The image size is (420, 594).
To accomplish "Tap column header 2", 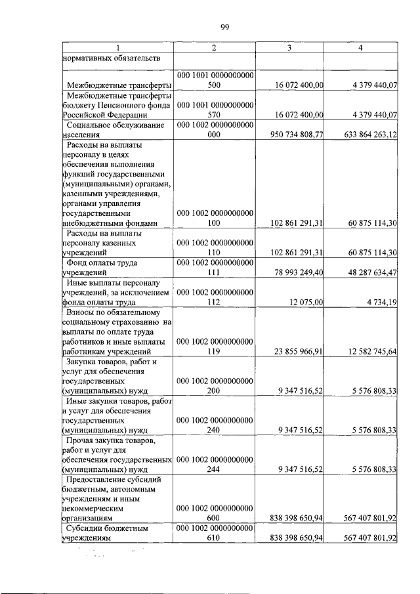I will point(214,49).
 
